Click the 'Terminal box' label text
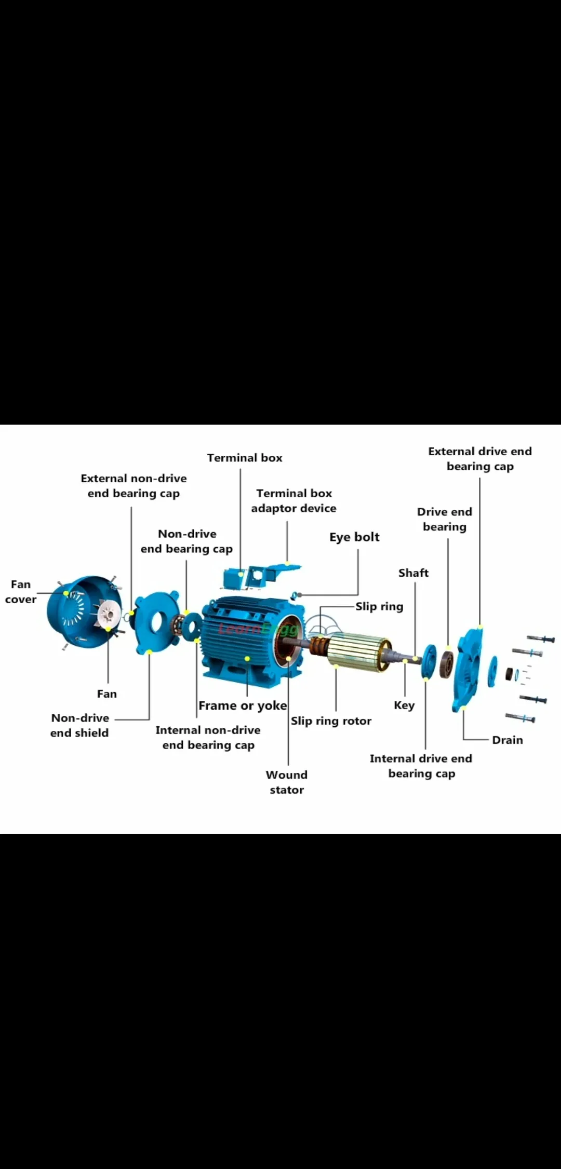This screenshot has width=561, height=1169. [x=245, y=458]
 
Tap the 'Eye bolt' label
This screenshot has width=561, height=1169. [x=354, y=537]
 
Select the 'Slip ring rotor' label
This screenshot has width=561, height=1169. [x=331, y=721]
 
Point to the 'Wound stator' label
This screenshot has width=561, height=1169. [x=287, y=782]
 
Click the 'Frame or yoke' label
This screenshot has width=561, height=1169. [x=243, y=706]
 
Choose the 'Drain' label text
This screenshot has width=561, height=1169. [x=507, y=740]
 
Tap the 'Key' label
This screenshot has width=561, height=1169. [x=404, y=705]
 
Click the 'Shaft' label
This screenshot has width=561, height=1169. [x=413, y=573]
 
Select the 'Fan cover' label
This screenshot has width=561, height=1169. [x=21, y=592]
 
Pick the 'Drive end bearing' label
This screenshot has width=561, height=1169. [x=445, y=519]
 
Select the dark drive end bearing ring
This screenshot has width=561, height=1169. [x=446, y=664]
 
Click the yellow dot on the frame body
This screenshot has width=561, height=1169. [x=247, y=659]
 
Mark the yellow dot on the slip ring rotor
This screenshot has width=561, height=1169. [x=336, y=666]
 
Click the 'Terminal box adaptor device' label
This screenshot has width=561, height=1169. [x=293, y=501]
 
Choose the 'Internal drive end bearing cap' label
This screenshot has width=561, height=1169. [x=421, y=766]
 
